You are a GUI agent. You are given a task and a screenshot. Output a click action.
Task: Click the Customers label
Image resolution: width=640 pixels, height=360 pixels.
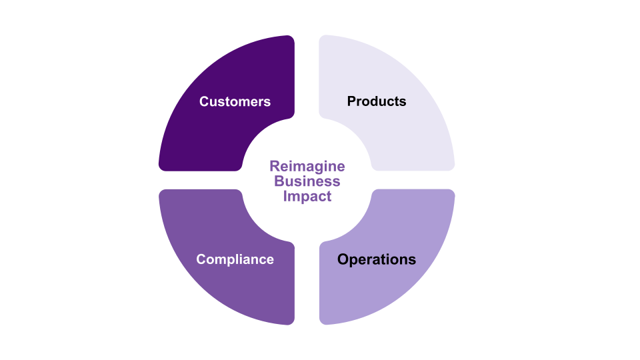(x=235, y=101)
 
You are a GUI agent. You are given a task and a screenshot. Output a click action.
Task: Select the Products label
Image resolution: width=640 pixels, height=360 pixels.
(x=376, y=101)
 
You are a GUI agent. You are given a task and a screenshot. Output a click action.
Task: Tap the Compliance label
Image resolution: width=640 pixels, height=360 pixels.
(x=235, y=259)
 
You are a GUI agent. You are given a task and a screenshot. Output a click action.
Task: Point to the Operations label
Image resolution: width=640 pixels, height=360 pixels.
(x=376, y=259)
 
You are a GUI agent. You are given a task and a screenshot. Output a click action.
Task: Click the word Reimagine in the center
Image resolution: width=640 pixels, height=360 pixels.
(x=307, y=166)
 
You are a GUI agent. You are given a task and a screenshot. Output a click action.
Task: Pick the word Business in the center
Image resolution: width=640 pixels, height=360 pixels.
(x=307, y=181)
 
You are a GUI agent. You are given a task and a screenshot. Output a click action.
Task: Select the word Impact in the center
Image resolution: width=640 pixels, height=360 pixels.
(x=307, y=197)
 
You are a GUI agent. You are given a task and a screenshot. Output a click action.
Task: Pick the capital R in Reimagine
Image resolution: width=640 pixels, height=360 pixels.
(x=273, y=166)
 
